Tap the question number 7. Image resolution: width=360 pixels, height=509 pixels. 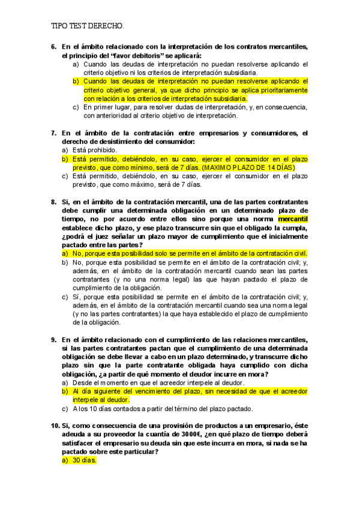pos(53,133)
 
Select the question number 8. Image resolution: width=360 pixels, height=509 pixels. pos(53,202)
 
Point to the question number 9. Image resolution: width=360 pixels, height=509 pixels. pos(53,339)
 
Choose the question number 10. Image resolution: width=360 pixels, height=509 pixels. pos(55,426)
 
